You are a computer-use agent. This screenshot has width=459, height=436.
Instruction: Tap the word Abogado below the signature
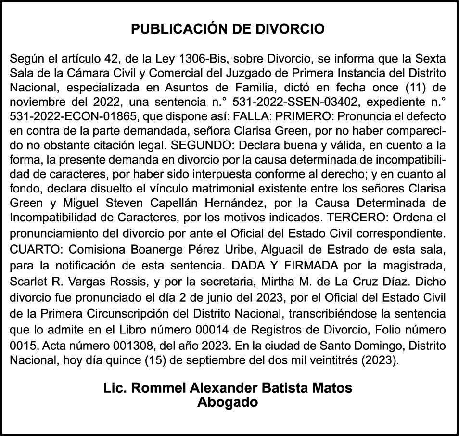pyautogui.click(x=228, y=402)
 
